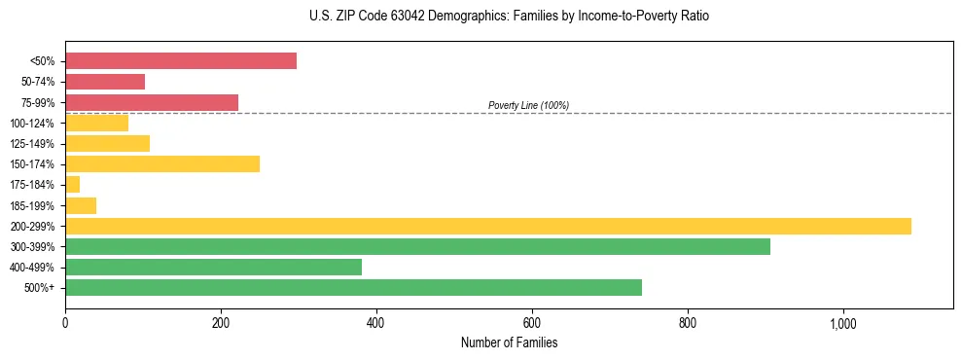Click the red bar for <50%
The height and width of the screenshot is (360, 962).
coord(181,61)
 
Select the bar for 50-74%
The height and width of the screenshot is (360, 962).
coord(105,82)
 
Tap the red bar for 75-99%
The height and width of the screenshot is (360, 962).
coord(152,102)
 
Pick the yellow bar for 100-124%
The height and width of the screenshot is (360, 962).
coord(97,123)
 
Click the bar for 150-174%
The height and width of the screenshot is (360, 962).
coord(162,163)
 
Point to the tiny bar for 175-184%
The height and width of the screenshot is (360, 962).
coord(73,185)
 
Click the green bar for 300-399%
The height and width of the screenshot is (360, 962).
coord(417,246)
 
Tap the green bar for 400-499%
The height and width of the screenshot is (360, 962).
coord(213,267)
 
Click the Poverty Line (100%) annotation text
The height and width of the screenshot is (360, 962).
coord(528,105)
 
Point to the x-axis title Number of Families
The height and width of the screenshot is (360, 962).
coord(509,342)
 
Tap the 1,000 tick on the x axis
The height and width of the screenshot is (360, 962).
coord(842,322)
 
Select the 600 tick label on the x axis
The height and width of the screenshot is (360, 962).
coord(532,322)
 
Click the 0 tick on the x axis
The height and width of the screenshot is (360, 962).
coord(65,322)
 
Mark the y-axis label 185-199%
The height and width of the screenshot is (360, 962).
coord(32,205)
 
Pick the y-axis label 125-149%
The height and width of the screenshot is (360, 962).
coord(32,144)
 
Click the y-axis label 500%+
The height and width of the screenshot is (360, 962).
coord(40,288)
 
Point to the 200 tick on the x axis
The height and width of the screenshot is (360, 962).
coord(221,322)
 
